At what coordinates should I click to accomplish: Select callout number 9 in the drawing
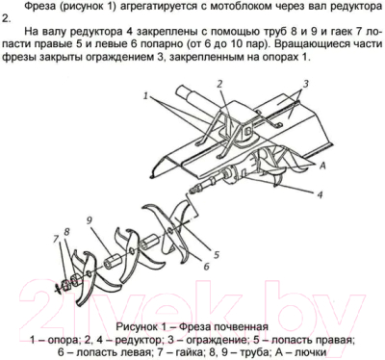click(88, 221)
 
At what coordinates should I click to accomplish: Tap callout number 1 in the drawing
click(146, 97)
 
